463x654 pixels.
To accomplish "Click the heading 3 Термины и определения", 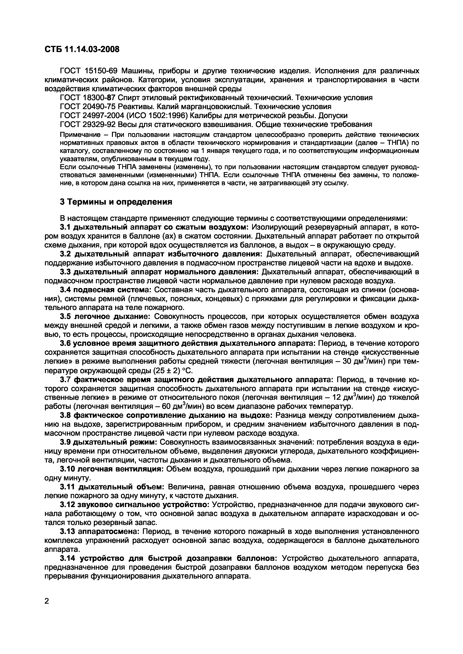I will (116, 202).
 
